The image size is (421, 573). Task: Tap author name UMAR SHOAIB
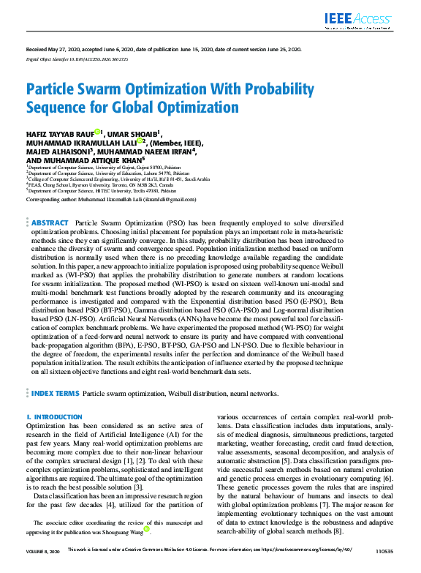pos(133,134)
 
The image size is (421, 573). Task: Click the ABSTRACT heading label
pos(50,222)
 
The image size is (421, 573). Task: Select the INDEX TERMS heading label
pos(56,393)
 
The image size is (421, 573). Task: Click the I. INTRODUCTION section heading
pos(54,417)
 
